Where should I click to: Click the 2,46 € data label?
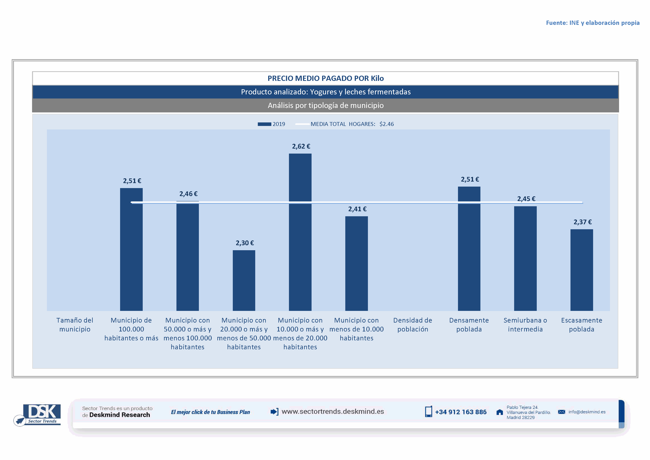click(188, 194)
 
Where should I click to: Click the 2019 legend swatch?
click(264, 124)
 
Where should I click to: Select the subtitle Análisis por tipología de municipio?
click(326, 105)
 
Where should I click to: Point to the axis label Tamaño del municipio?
click(75, 325)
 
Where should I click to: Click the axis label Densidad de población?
click(412, 325)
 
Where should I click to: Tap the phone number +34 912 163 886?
click(461, 412)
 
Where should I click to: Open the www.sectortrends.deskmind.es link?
click(333, 412)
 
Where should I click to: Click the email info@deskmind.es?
click(587, 412)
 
